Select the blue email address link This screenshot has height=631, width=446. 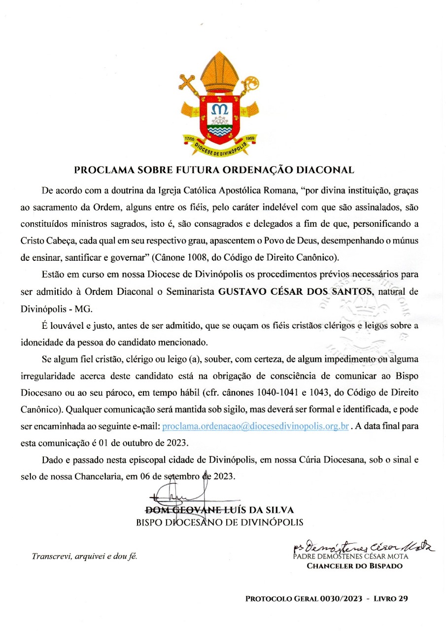coord(256,426)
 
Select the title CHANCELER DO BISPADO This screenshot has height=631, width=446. coord(354,566)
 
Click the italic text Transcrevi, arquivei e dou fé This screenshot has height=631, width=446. coord(84,557)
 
